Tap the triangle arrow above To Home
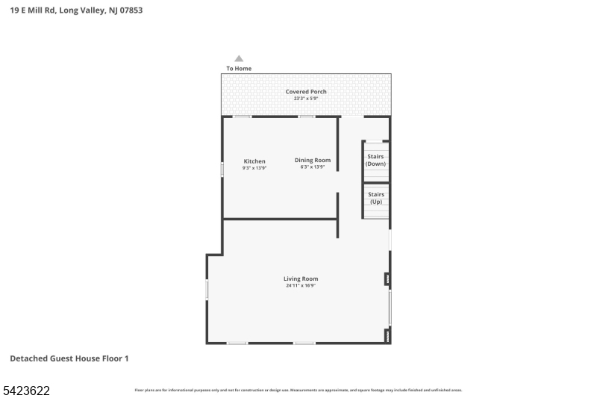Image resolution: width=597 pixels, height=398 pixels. tap(239, 58)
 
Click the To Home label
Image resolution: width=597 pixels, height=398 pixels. tap(239, 69)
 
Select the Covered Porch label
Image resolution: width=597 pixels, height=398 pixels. tap(306, 92)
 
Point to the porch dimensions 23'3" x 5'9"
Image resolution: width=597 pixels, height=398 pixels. tap(306, 99)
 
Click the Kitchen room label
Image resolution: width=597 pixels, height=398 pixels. tap(254, 161)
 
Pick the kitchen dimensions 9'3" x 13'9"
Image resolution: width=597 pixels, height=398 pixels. tap(254, 168)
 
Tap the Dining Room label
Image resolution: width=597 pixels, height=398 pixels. tap(312, 160)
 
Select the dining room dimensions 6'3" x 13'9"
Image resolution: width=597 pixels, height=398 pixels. tap(312, 167)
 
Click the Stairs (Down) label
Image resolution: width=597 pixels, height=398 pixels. tap(375, 160)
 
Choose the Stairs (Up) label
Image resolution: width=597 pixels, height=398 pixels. tap(375, 198)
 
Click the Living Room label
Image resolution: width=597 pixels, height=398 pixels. tap(300, 279)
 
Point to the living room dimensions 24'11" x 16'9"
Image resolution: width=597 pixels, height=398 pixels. tap(300, 285)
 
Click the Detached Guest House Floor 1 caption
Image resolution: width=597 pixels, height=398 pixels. tap(69, 358)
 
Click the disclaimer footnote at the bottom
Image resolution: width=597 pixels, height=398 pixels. tap(298, 390)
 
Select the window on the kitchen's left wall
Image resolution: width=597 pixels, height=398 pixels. tap(222, 170)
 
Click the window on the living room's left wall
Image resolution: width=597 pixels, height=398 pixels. tap(207, 290)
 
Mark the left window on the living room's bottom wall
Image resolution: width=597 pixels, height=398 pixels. tap(237, 343)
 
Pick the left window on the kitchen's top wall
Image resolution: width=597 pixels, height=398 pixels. tap(242, 116)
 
